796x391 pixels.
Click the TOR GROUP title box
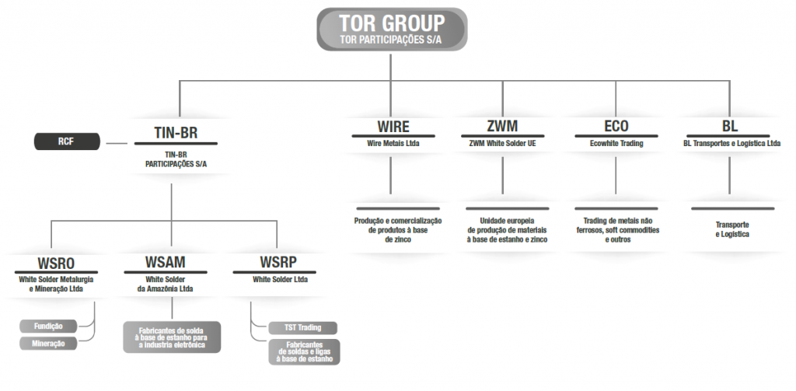pyautogui.click(x=392, y=29)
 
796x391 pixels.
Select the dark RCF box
pyautogui.click(x=67, y=141)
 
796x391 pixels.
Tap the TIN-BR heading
pyautogui.click(x=176, y=132)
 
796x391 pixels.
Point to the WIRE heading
pyautogui.click(x=393, y=126)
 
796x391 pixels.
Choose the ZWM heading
pyautogui.click(x=502, y=126)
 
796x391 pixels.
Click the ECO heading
pyautogui.click(x=616, y=126)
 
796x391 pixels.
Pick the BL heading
pyautogui.click(x=730, y=126)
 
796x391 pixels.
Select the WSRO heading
pyautogui.click(x=56, y=264)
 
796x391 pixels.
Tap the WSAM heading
pyautogui.click(x=166, y=263)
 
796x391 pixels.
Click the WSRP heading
pyautogui.click(x=278, y=263)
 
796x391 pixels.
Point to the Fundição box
pyautogui.click(x=48, y=326)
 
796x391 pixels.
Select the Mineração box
pyautogui.click(x=48, y=344)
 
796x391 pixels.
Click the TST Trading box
pyautogui.click(x=302, y=327)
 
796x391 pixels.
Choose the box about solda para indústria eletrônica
pyautogui.click(x=172, y=337)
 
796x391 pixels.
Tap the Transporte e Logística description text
pyautogui.click(x=732, y=229)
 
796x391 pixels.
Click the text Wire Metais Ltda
pyautogui.click(x=393, y=144)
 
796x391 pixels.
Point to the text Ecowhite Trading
pyautogui.click(x=616, y=144)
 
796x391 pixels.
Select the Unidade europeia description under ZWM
pyautogui.click(x=507, y=230)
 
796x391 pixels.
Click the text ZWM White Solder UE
pyautogui.click(x=503, y=144)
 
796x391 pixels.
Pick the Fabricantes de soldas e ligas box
pyautogui.click(x=304, y=352)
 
